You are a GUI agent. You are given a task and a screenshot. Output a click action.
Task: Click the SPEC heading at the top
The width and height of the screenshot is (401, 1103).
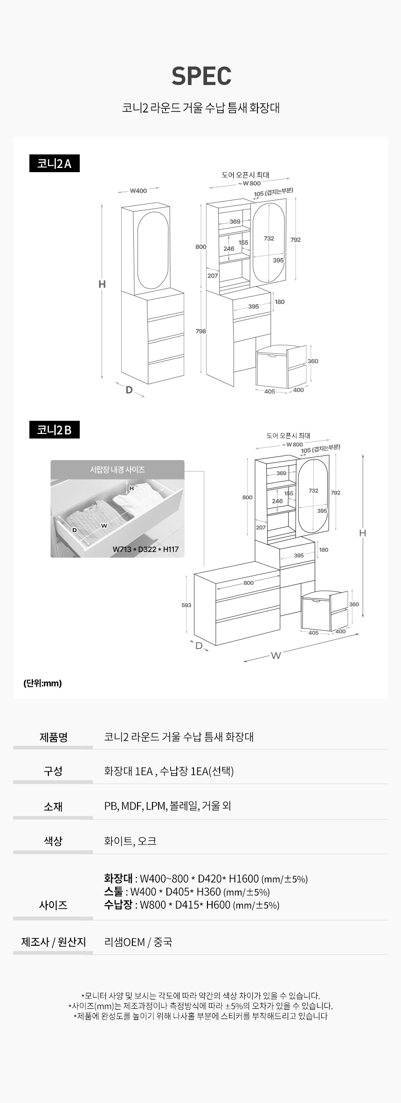[x=201, y=76]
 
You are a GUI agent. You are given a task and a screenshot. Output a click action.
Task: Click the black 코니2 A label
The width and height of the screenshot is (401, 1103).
[x=55, y=163]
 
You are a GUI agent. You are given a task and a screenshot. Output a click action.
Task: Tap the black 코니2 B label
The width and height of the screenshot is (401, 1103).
[x=55, y=430]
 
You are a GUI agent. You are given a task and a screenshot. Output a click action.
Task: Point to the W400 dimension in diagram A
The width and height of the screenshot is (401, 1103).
[x=138, y=190]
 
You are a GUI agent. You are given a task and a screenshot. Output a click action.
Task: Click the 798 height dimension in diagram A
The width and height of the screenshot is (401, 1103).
[x=200, y=331]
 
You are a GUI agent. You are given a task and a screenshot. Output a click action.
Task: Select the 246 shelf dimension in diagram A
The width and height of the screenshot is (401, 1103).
[x=228, y=249]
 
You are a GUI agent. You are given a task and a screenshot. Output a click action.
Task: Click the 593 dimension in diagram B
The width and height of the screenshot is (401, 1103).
[x=186, y=605]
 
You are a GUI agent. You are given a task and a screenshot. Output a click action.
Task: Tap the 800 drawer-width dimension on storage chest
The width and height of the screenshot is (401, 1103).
[x=249, y=583]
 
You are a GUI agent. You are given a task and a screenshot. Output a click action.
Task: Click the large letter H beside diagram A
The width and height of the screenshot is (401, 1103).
[x=102, y=284]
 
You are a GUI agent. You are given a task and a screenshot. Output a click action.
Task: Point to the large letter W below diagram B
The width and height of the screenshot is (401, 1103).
[x=276, y=656]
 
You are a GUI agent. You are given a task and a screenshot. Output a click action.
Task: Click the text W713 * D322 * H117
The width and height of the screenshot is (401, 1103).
[x=145, y=549]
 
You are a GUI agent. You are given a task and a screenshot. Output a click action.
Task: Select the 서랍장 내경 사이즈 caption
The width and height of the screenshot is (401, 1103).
[x=118, y=469]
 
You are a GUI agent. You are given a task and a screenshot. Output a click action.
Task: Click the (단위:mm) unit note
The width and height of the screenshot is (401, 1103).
[x=42, y=683]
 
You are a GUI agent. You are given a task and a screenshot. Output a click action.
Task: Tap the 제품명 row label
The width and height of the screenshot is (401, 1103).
[x=54, y=737]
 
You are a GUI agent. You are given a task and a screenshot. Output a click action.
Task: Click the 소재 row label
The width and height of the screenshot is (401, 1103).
[x=53, y=806]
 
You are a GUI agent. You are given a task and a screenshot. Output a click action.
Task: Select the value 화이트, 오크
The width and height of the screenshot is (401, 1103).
[x=130, y=841]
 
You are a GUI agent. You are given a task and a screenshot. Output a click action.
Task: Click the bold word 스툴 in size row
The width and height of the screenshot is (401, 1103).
[x=114, y=892]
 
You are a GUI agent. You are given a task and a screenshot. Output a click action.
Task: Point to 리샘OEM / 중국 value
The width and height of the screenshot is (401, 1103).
[x=138, y=942]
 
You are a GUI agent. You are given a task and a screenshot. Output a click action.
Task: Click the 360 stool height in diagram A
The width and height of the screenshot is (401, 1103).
[x=313, y=361]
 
